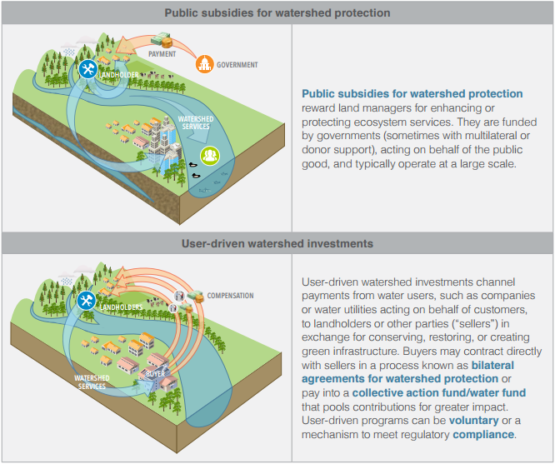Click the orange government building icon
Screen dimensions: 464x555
[203, 64]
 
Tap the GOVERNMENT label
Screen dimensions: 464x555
[237, 65]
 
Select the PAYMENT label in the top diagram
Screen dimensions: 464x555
[162, 54]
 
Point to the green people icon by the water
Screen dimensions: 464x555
[209, 154]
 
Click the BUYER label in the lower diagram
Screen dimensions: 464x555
[156, 374]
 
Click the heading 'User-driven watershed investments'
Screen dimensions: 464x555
[277, 243]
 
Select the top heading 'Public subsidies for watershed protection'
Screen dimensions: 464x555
[277, 13]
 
